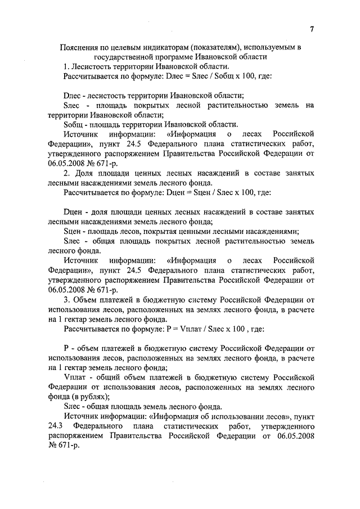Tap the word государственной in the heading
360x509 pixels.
coord(124,57)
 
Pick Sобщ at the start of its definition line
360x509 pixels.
coord(74,125)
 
